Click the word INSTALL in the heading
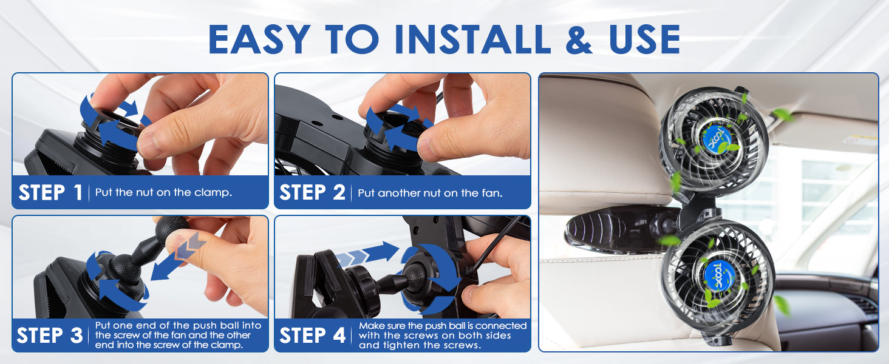pos(472,39)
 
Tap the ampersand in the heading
pos(579,39)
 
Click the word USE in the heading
pos(644,39)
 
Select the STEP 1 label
pos(50,193)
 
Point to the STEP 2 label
pos(312,193)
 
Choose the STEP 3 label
pos(50,335)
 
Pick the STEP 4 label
pos(312,335)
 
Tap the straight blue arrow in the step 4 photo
pos(367,254)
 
